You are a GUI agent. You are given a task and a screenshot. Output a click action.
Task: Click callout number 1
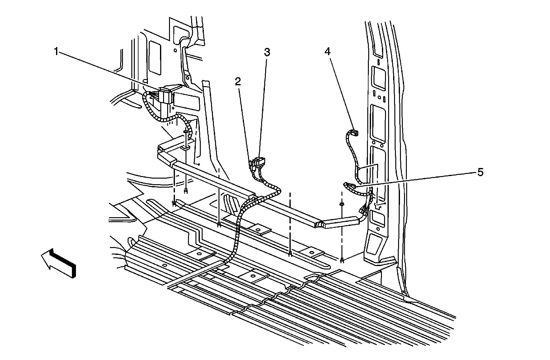tap(56, 52)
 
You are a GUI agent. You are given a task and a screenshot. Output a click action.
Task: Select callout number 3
tap(267, 52)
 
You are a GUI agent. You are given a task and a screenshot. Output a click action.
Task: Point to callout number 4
tap(327, 52)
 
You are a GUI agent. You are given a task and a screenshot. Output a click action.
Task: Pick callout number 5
tap(480, 172)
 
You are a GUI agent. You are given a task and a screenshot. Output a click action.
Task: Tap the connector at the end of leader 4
tap(355, 133)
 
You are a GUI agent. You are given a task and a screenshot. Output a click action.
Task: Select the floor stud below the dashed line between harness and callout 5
tap(290, 254)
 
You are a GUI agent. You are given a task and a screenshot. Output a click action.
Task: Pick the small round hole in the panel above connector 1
tap(175, 50)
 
